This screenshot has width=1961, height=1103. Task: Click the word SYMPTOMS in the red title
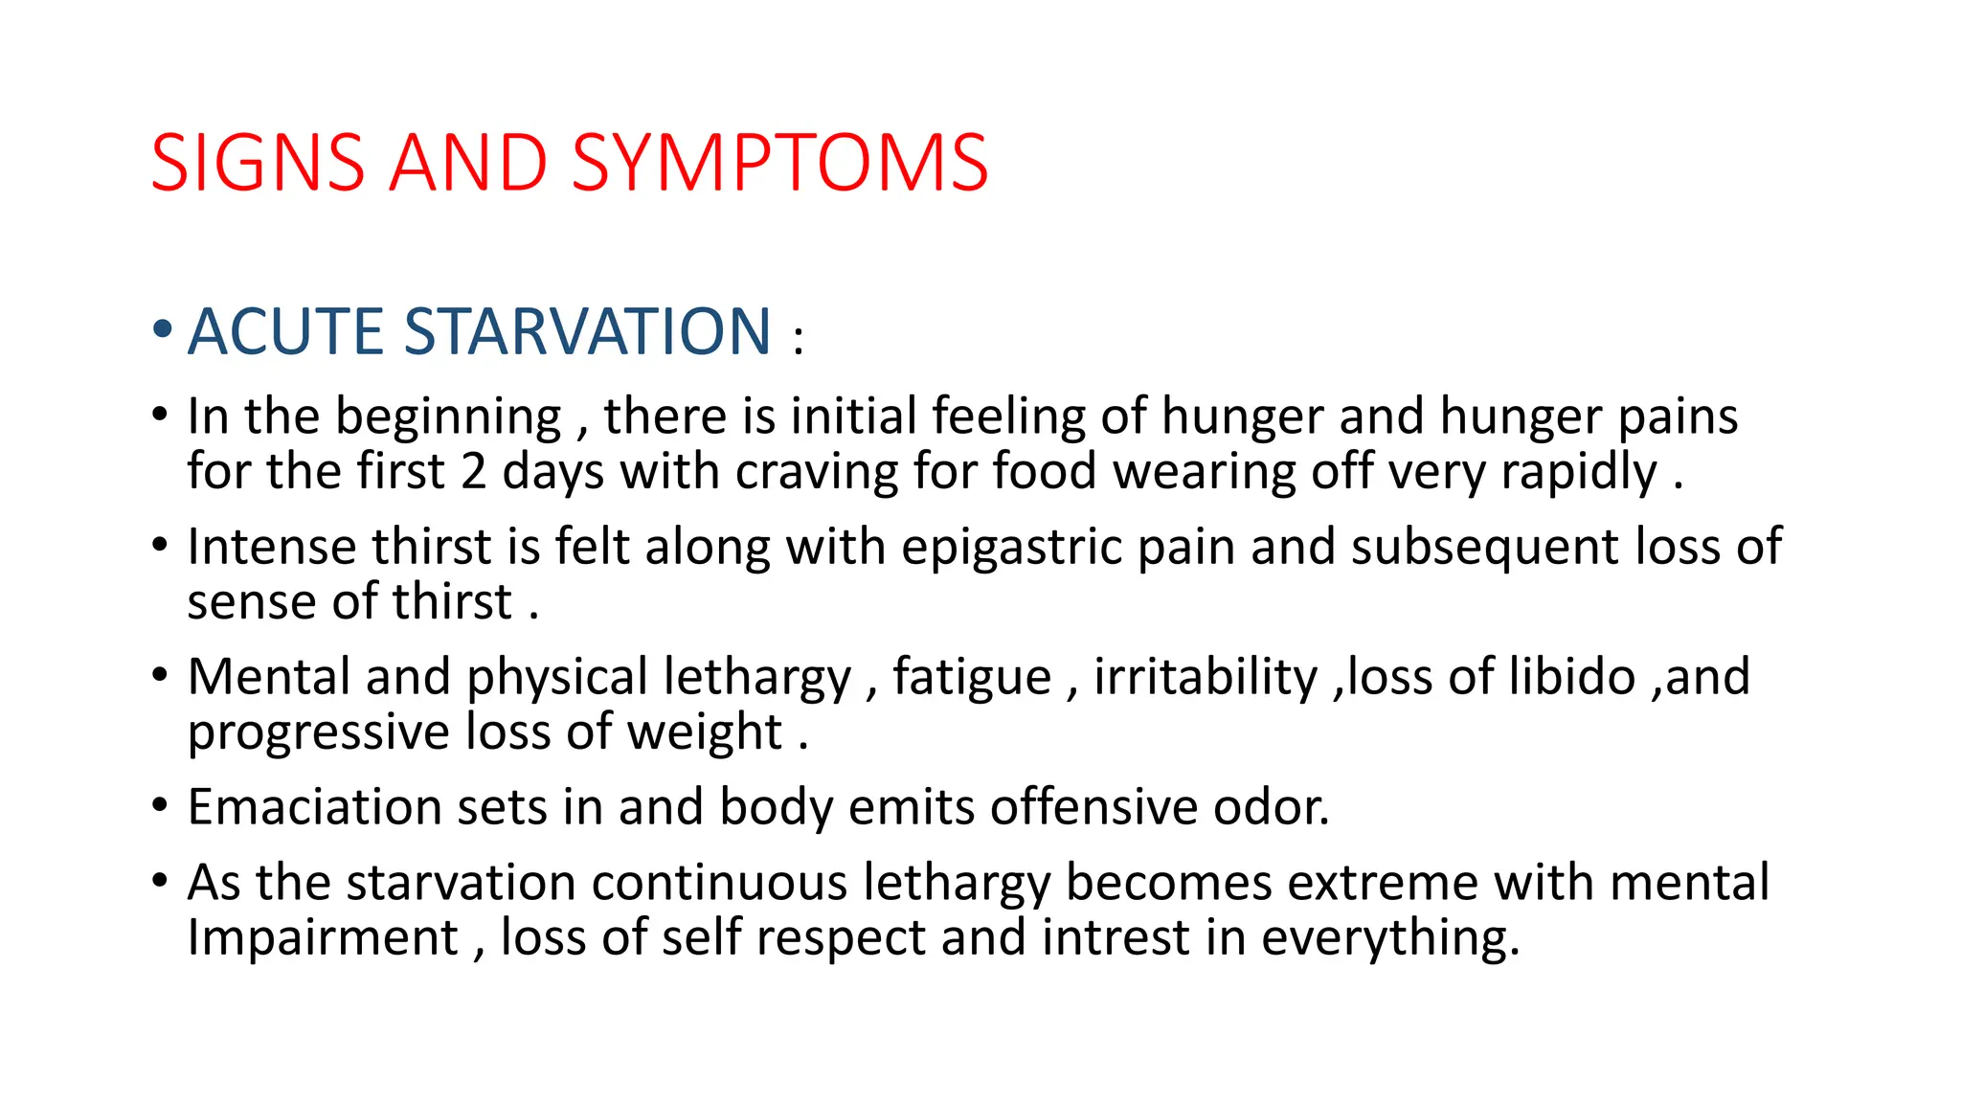pyautogui.click(x=779, y=163)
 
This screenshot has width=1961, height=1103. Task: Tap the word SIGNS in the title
pyautogui.click(x=258, y=163)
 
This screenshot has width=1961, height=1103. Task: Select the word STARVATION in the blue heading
pyautogui.click(x=587, y=331)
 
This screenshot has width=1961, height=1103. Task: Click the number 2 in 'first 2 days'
pyautogui.click(x=473, y=472)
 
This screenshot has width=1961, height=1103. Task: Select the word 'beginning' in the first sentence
pyautogui.click(x=448, y=417)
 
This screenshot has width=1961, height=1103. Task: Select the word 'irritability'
pyautogui.click(x=1206, y=677)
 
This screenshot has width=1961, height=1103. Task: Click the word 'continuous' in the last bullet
pyautogui.click(x=719, y=882)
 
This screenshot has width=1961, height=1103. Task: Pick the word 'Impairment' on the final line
pyautogui.click(x=323, y=937)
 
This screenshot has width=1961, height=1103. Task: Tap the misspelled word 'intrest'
pyautogui.click(x=1115, y=937)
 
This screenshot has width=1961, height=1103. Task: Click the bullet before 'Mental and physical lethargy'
pyautogui.click(x=161, y=675)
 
